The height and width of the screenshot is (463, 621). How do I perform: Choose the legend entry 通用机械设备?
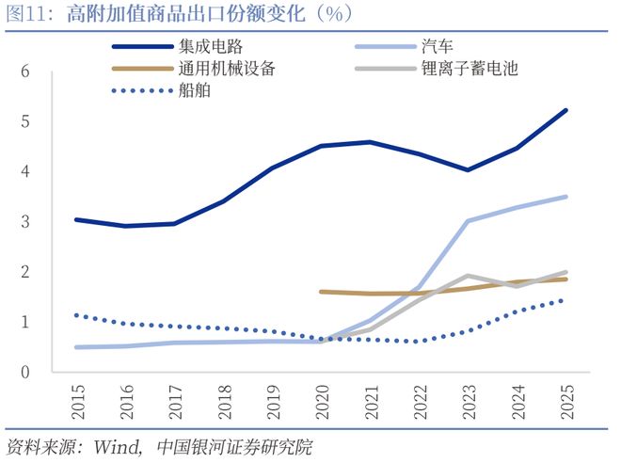pyautogui.click(x=225, y=69)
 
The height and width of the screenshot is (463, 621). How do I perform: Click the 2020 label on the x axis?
pyautogui.click(x=321, y=400)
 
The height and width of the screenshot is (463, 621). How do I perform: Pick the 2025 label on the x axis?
pyautogui.click(x=566, y=400)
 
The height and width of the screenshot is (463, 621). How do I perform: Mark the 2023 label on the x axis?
pyautogui.click(x=469, y=400)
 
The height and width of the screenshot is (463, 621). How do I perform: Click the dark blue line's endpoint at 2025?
pyautogui.click(x=565, y=110)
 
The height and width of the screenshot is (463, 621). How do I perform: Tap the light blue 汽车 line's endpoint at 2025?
pyautogui.click(x=565, y=197)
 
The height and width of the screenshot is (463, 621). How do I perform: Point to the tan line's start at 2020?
pyautogui.click(x=321, y=292)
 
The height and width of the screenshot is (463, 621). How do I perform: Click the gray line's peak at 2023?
pyautogui.click(x=468, y=276)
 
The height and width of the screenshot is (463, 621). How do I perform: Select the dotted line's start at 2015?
pyautogui.click(x=75, y=315)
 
